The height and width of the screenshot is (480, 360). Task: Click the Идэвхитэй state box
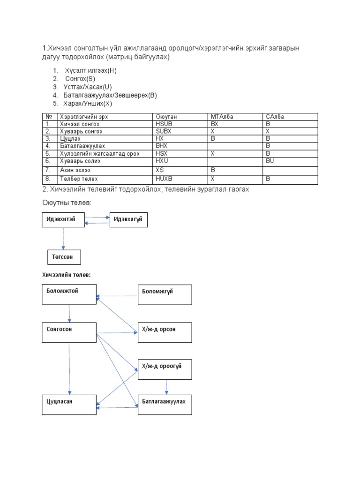pyautogui.click(x=64, y=219)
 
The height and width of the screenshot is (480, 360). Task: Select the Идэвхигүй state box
pyautogui.click(x=128, y=219)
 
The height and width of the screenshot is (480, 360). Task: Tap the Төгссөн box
pyautogui.click(x=64, y=257)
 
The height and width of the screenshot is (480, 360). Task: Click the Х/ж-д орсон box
pyautogui.click(x=164, y=333)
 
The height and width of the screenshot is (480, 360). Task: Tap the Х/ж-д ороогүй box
pyautogui.click(x=164, y=370)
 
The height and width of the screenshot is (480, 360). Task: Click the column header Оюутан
pyautogui.click(x=166, y=117)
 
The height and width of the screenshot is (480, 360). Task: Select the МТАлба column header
pyautogui.click(x=222, y=117)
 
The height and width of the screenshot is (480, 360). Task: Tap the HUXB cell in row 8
pyautogui.click(x=164, y=179)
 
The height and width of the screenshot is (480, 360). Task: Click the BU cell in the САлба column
pyautogui.click(x=270, y=161)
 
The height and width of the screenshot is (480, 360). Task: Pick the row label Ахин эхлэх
pyautogui.click(x=75, y=170)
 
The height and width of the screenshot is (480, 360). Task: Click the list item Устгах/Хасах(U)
pyautogui.click(x=88, y=87)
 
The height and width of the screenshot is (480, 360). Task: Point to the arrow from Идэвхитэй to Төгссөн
pyautogui.click(x=63, y=239)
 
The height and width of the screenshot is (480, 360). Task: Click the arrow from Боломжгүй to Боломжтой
pyautogui.click(x=117, y=296)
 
